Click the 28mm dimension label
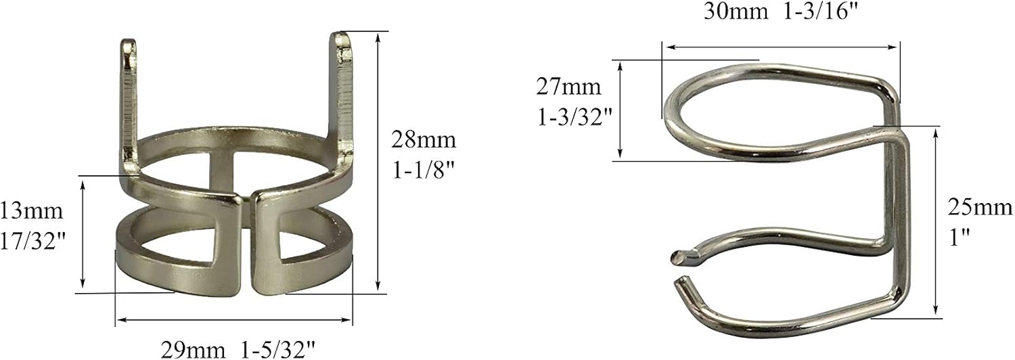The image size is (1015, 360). click(x=424, y=141)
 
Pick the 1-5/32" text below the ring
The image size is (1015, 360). click(x=278, y=349)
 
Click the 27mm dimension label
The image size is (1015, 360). click(x=568, y=87)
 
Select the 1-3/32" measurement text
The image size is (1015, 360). click(x=574, y=116)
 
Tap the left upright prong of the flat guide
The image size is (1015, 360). click(x=129, y=102)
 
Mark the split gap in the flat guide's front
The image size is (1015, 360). click(x=246, y=244)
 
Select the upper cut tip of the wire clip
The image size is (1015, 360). click(x=679, y=256)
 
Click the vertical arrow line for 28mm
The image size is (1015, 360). click(x=378, y=162)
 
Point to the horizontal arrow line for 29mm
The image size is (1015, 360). click(x=233, y=319)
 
